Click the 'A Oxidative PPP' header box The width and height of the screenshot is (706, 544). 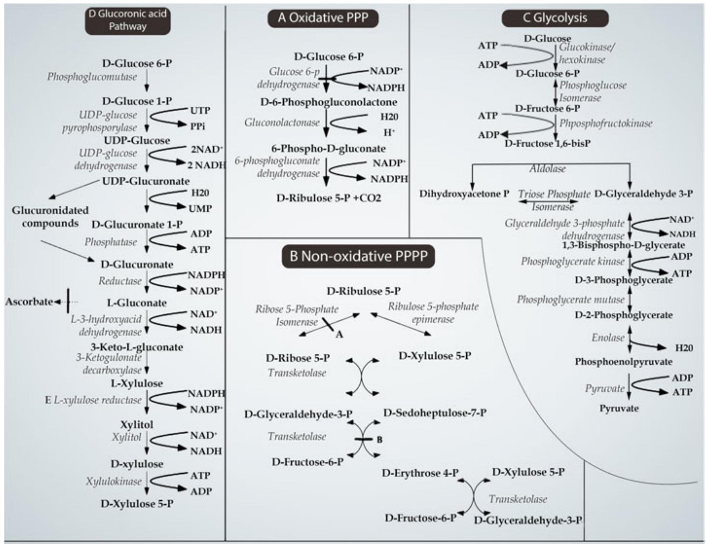point(323,18)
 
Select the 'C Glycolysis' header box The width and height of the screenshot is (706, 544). point(555,18)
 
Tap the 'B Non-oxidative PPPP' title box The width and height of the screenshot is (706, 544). point(358,256)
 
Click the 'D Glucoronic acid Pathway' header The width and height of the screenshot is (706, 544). point(128,20)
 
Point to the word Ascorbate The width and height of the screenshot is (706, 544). point(29,302)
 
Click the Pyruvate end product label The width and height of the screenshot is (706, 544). point(619,409)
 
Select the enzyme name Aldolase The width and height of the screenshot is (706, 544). point(547,169)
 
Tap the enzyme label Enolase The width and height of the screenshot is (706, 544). point(608,337)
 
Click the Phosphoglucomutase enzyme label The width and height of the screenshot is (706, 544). point(92,77)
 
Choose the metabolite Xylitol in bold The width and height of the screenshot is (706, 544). point(137,424)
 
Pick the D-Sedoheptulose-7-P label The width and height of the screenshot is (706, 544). point(435,412)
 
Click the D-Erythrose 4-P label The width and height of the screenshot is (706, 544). point(420,473)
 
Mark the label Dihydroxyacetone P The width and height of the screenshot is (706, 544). point(464,194)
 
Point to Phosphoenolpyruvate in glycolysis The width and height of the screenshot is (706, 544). point(623,362)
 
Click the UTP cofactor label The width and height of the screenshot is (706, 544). point(200,111)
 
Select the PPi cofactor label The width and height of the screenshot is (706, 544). point(198,126)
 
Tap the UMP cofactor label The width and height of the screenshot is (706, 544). point(200,209)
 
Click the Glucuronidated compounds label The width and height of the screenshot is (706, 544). point(50,217)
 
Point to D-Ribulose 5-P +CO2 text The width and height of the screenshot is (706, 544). point(328,198)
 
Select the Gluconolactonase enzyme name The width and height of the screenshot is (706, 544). point(282,123)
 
